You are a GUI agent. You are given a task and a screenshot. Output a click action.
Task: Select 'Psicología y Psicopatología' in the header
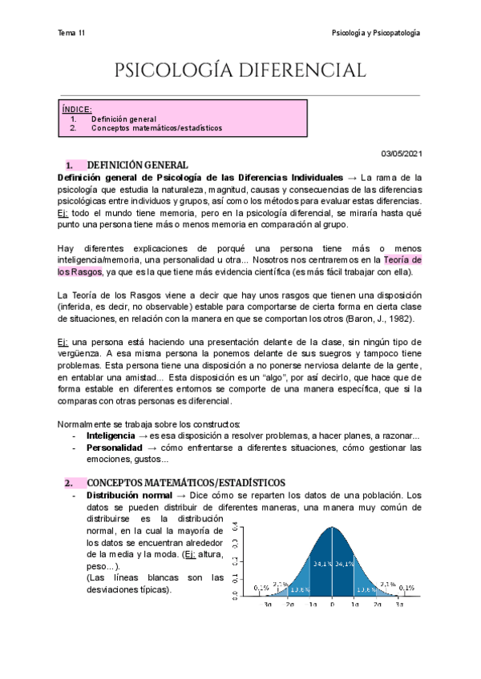[x=376, y=33]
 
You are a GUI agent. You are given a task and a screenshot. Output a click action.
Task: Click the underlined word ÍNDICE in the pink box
[x=77, y=109]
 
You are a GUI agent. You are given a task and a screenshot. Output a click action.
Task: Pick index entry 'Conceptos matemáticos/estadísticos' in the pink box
[x=156, y=128]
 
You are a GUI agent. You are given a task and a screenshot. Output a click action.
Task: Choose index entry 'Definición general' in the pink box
[x=129, y=119]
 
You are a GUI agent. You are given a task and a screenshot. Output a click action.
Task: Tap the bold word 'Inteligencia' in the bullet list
[x=111, y=436]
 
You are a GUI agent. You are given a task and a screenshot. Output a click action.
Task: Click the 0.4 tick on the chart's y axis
[x=234, y=528]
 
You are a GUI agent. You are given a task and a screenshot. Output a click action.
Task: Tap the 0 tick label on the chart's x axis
[x=332, y=605]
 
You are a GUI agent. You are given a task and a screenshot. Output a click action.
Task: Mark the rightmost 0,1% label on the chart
[x=407, y=588]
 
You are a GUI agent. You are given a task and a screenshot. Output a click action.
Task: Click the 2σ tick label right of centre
[x=376, y=605]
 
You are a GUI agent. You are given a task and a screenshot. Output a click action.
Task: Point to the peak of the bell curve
[x=332, y=528]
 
